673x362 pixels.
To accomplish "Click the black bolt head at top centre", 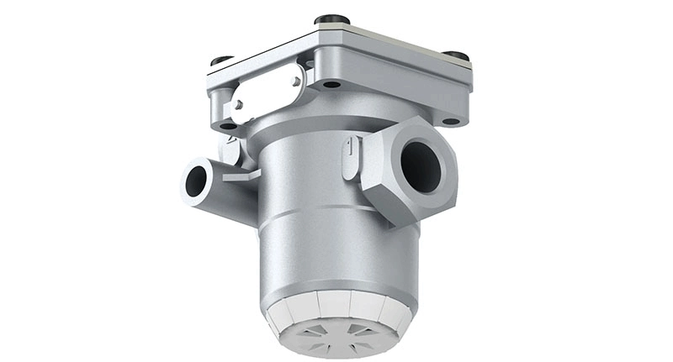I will point(332,18).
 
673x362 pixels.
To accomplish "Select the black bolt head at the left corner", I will point(221,60).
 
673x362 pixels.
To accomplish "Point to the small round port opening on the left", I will point(196,179).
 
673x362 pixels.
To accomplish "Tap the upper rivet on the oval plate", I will point(294,81).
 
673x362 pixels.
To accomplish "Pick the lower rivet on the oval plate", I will point(239,104).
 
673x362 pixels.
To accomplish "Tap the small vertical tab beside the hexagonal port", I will point(349,156).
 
